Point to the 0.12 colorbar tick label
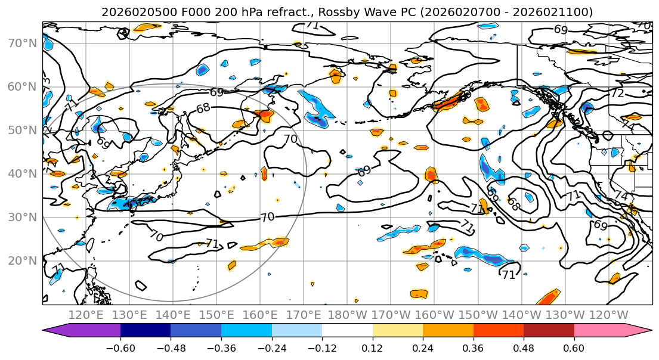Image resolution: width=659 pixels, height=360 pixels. tap(373, 346)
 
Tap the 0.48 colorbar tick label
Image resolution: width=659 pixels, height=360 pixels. tap(524, 346)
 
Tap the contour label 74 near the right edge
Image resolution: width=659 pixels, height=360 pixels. tap(621, 196)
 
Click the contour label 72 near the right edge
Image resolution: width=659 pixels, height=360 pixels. tap(617, 94)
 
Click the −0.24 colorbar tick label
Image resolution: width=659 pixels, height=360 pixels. tap(271, 346)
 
